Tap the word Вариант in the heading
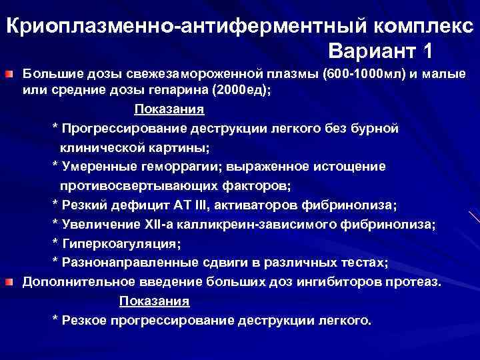coord(371,51)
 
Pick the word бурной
coord(377,129)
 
